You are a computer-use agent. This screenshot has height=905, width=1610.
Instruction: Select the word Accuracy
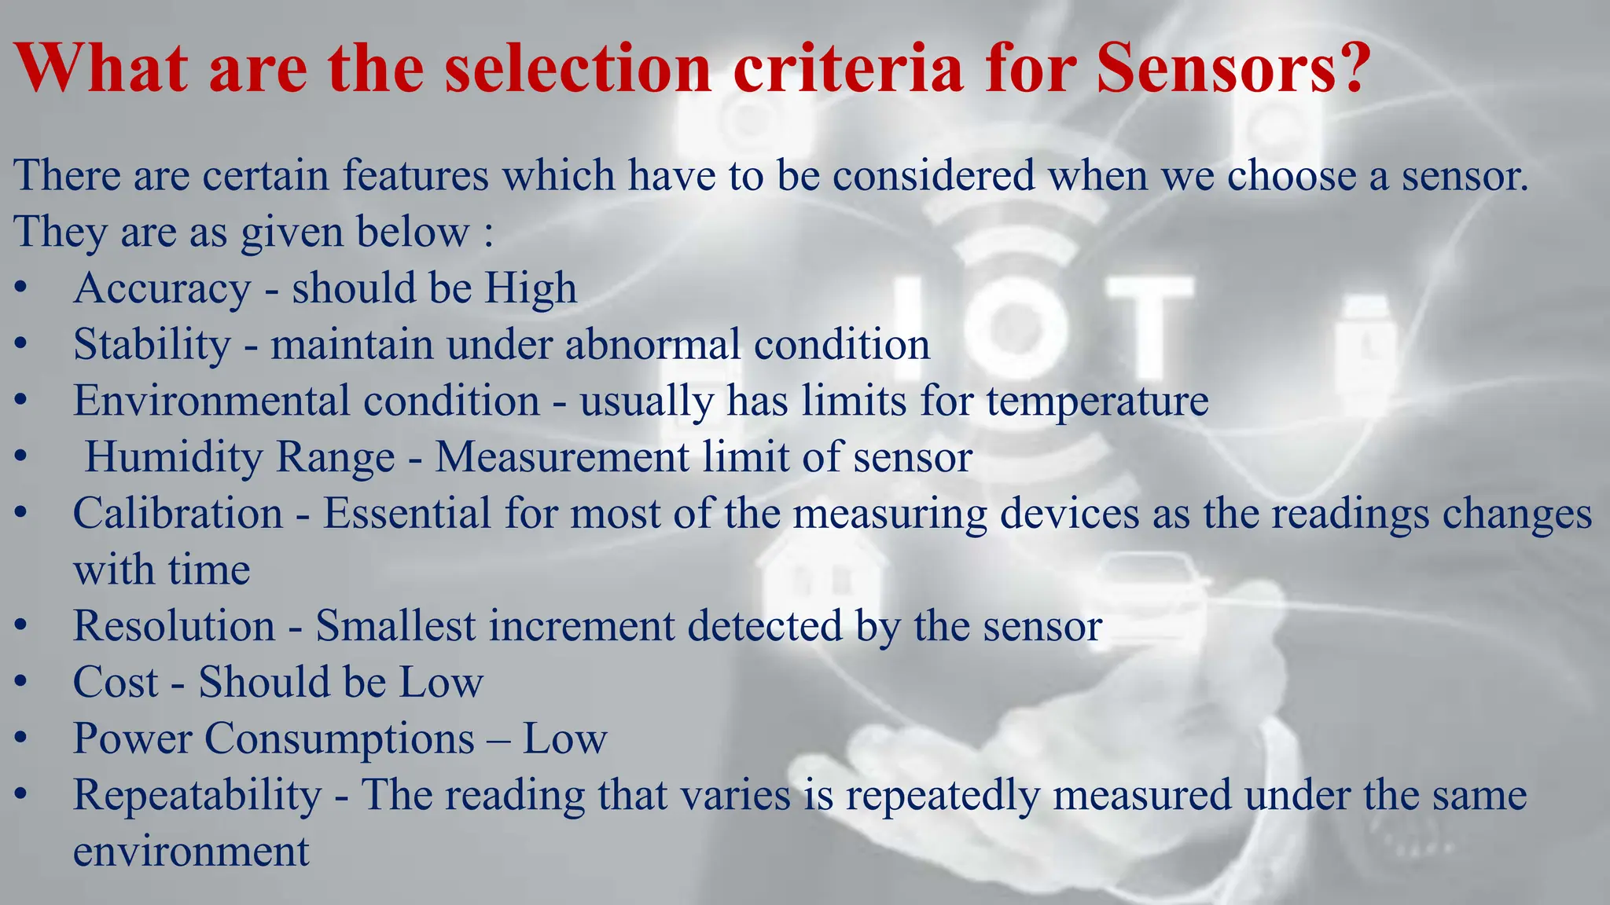[x=162, y=289]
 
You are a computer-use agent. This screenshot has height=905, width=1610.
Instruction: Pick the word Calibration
[x=178, y=514]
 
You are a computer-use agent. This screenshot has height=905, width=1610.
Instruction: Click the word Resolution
[x=174, y=626]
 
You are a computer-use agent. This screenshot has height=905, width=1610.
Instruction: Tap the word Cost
[x=116, y=682]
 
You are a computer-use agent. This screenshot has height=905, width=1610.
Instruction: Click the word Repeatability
[x=197, y=795]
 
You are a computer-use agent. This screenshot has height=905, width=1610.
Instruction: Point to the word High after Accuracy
[x=531, y=289]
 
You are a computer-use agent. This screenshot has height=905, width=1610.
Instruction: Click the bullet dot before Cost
[x=21, y=682]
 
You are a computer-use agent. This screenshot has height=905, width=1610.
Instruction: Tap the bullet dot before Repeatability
[x=21, y=795]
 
